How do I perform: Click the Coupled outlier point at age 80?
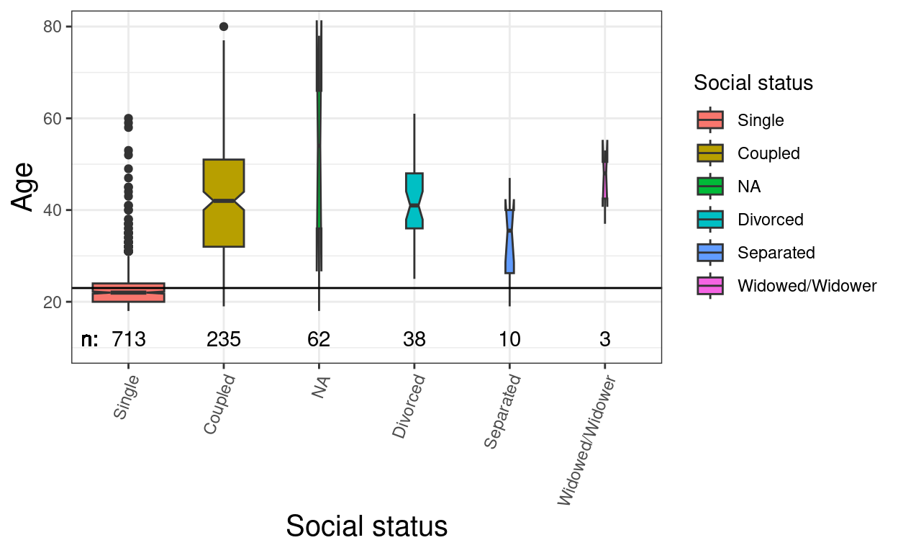(224, 27)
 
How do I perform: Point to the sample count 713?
(129, 339)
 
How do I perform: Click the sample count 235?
(224, 339)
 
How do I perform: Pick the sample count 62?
(319, 339)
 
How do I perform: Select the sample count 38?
(414, 339)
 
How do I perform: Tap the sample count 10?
(509, 339)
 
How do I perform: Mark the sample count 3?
(605, 339)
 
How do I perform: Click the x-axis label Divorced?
(409, 407)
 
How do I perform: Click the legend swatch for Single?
(710, 120)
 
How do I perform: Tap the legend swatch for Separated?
(710, 253)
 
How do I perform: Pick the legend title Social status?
(753, 84)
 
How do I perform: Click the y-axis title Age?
(24, 187)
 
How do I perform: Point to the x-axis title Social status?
(366, 526)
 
